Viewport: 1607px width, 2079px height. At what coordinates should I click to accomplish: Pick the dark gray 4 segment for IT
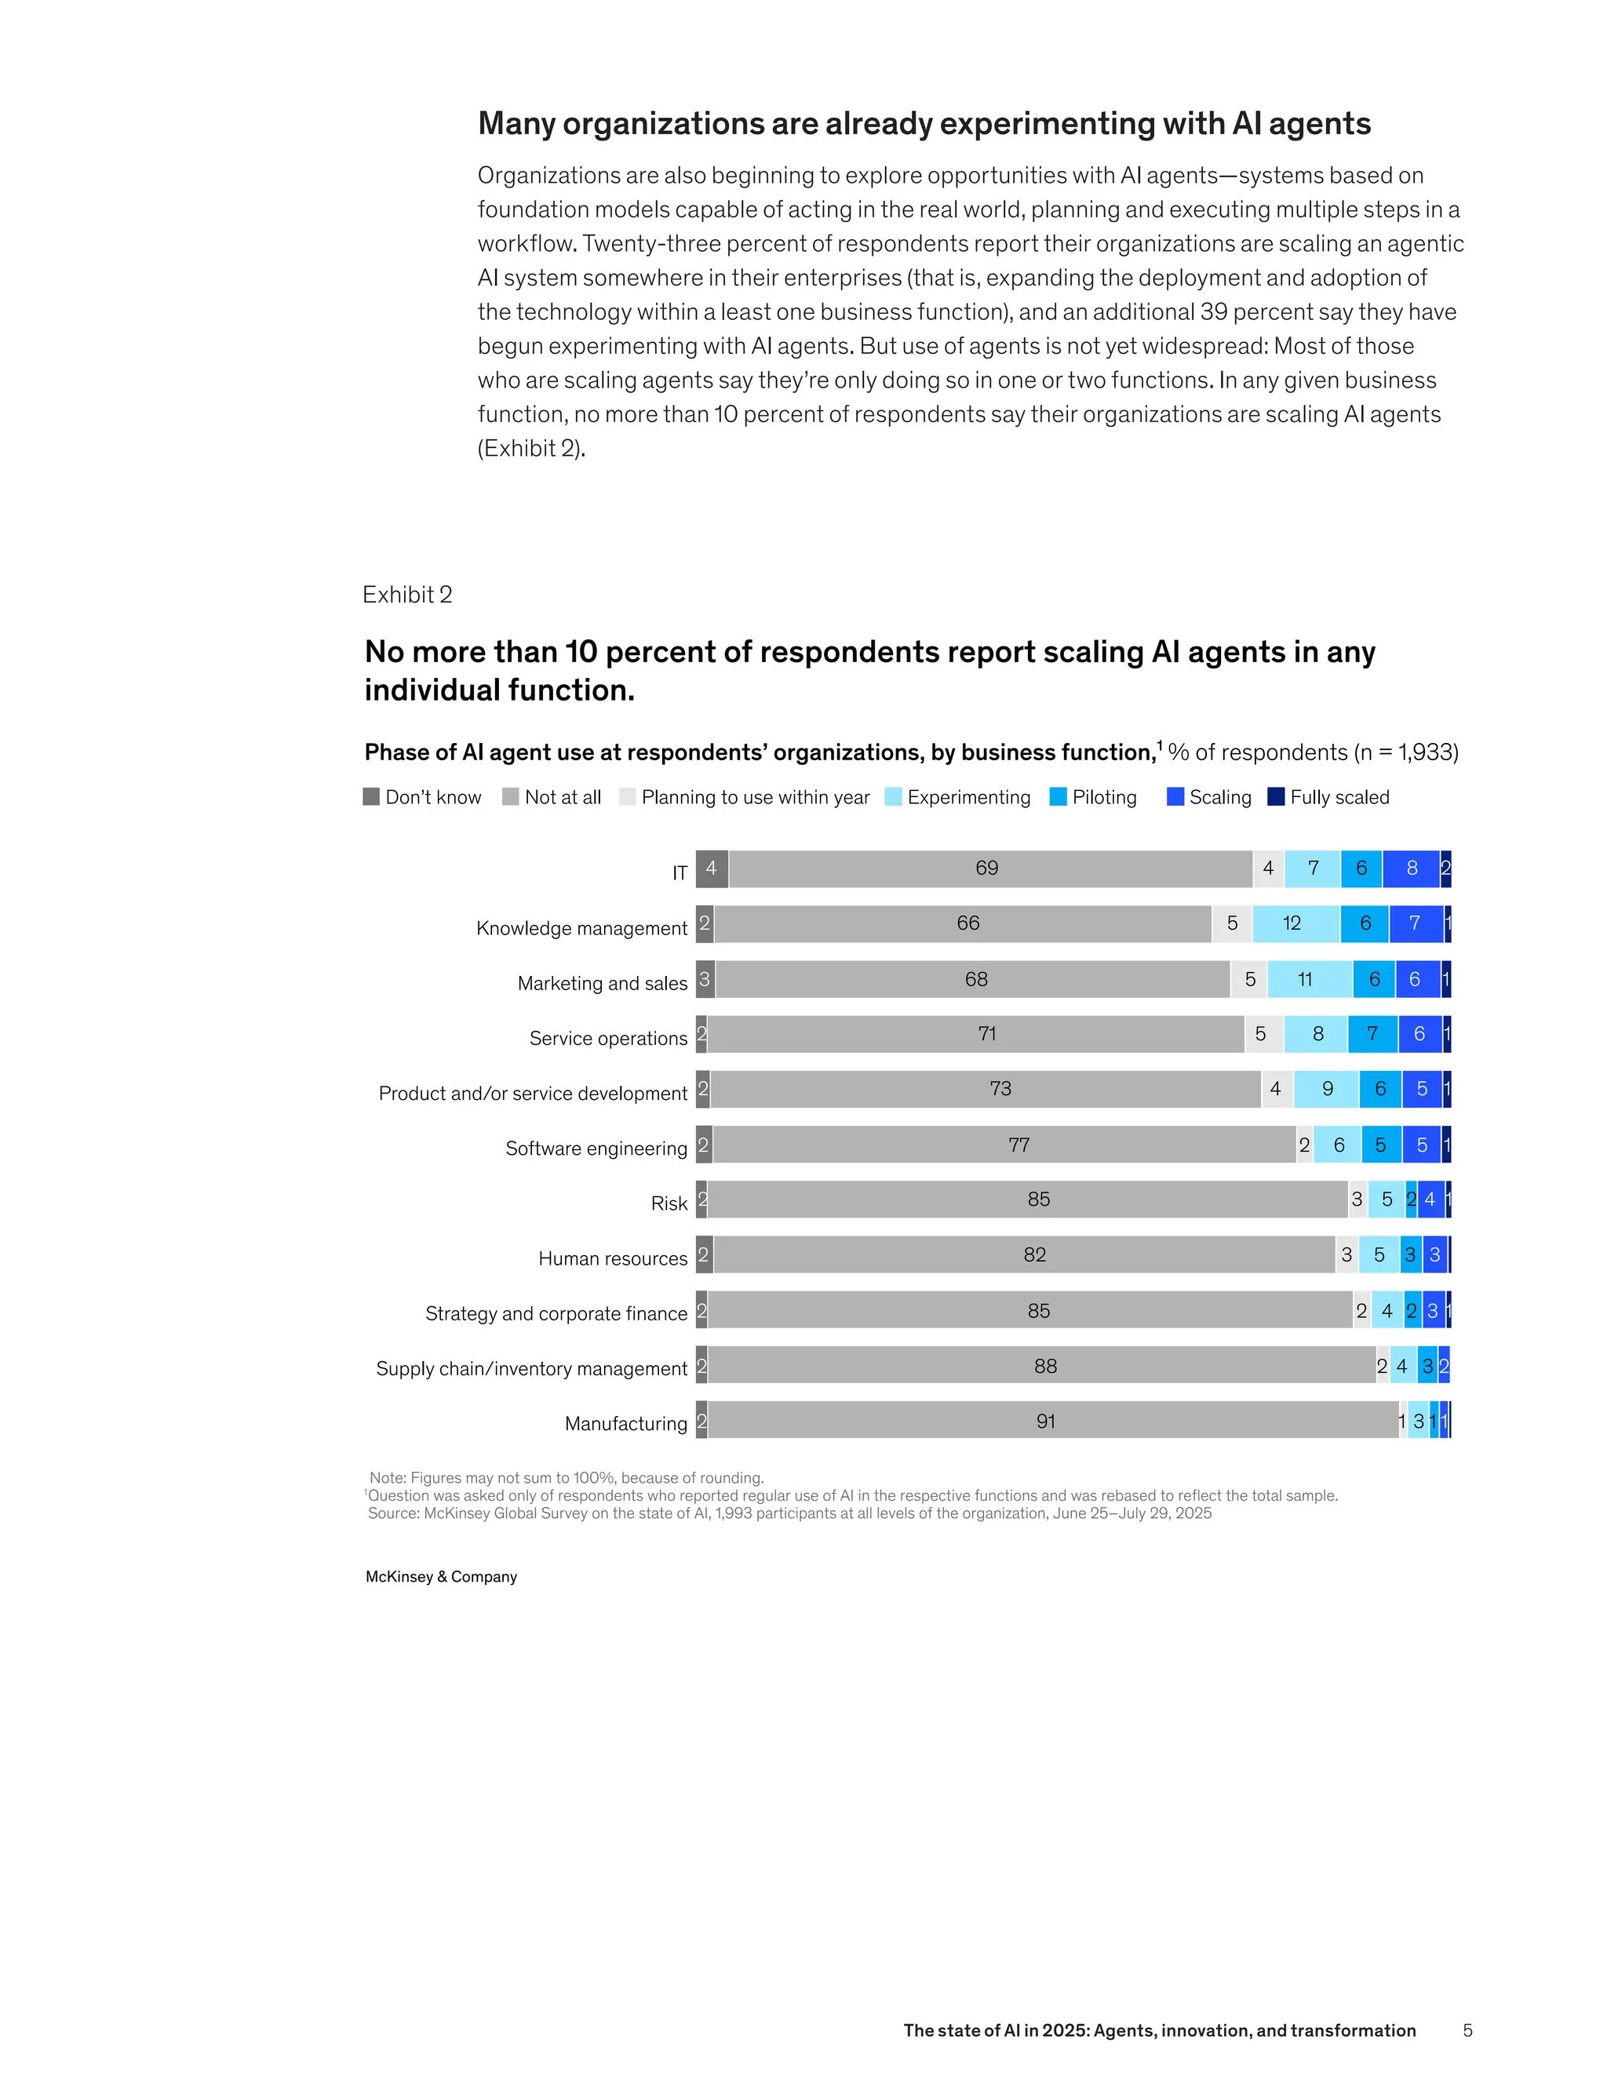click(x=711, y=868)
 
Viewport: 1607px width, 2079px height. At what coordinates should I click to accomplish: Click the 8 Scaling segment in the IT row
click(x=1411, y=868)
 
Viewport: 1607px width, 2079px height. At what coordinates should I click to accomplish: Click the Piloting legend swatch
click(x=1058, y=797)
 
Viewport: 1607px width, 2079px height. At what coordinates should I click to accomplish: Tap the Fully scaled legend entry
click(x=1339, y=797)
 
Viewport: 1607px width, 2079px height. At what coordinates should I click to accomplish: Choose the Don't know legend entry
click(x=432, y=797)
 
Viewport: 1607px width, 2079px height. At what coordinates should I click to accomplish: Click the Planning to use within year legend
click(x=754, y=797)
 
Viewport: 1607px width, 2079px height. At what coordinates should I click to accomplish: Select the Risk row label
click(x=669, y=1203)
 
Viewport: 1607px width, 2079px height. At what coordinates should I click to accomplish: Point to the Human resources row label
click(x=612, y=1258)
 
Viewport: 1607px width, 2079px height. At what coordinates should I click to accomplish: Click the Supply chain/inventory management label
click(x=531, y=1369)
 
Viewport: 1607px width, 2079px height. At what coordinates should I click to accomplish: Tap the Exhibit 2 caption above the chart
click(x=407, y=595)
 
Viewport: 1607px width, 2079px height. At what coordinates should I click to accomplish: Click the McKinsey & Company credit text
click(x=441, y=1576)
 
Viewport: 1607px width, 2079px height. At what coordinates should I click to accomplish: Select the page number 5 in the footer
click(x=1467, y=2030)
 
